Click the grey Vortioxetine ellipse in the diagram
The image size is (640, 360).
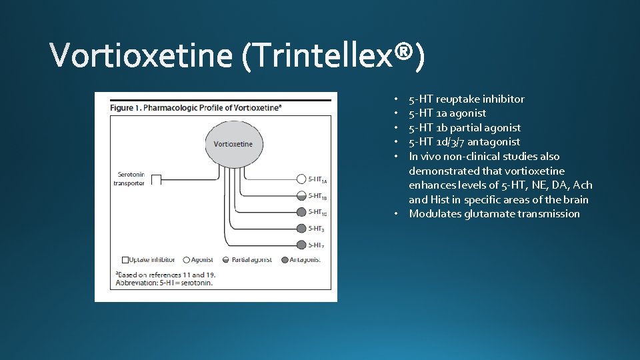point(233,143)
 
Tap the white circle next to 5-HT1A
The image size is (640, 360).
point(301,179)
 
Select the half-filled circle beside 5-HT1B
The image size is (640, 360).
point(301,195)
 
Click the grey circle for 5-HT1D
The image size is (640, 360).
point(301,212)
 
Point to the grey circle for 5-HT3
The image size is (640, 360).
point(301,229)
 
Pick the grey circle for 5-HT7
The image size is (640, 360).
point(301,245)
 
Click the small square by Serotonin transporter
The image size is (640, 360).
point(155,179)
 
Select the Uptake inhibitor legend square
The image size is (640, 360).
point(125,259)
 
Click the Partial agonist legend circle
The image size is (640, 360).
point(225,259)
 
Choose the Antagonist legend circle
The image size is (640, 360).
point(285,259)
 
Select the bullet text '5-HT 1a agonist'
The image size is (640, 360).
point(447,113)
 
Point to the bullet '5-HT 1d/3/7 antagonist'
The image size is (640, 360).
point(464,142)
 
